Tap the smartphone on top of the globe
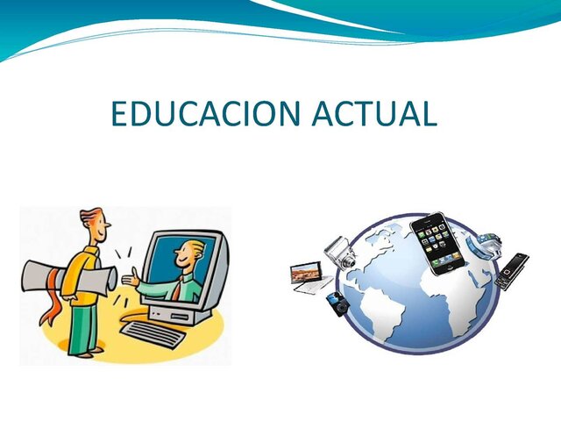pyautogui.click(x=436, y=243)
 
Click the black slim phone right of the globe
pyautogui.click(x=511, y=272)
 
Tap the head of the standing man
pyautogui.click(x=93, y=225)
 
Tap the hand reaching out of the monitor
pyautogui.click(x=131, y=282)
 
